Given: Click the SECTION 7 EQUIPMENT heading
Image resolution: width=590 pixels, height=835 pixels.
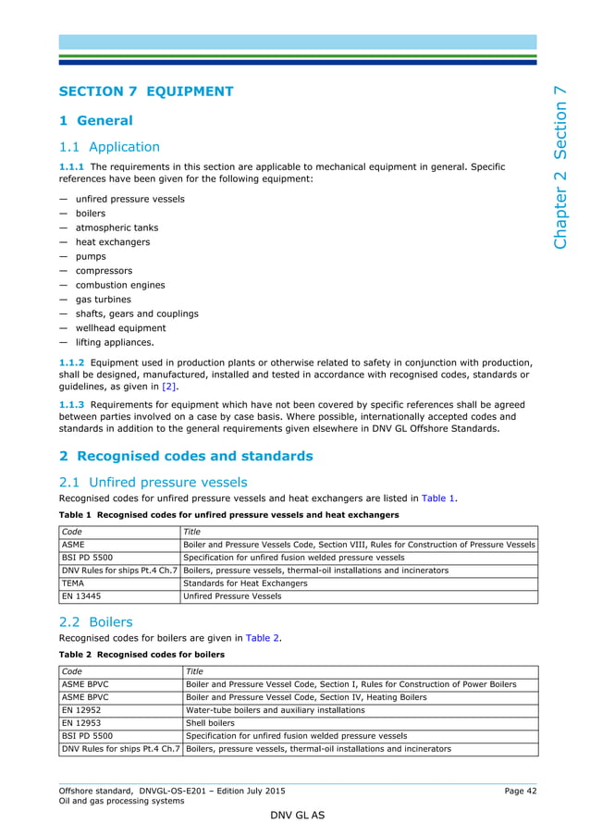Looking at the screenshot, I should point(146,92).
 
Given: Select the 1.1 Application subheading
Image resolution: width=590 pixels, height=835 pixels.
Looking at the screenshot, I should point(109,147).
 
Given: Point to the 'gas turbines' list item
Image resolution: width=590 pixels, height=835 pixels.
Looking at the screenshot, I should point(103,300).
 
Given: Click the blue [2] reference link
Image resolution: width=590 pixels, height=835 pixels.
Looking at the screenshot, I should point(169,387).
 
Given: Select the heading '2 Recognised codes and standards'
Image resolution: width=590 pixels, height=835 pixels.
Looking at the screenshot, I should point(186,456).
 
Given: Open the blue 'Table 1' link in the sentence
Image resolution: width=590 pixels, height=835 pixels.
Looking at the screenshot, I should point(438,498).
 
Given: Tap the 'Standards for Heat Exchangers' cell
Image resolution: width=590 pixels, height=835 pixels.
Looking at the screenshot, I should point(245,583).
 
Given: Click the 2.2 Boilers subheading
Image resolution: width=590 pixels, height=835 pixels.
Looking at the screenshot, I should point(95,622).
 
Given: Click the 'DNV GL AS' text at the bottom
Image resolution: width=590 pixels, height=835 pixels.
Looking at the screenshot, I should point(296,817).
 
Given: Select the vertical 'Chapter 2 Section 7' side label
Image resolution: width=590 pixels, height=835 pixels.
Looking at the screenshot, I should point(560,167).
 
